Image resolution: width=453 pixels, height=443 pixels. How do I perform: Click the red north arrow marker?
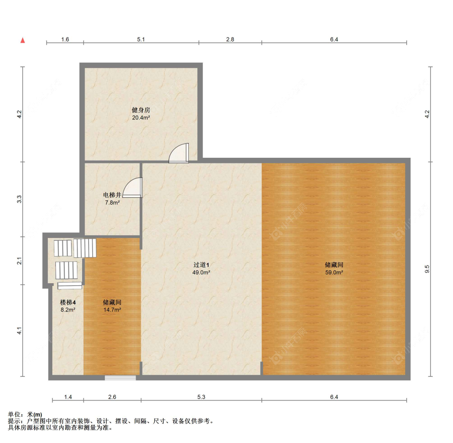tap(23, 40)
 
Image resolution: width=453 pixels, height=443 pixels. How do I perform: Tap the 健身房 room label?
tap(141, 110)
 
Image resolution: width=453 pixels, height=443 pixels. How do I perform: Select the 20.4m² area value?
tap(141, 117)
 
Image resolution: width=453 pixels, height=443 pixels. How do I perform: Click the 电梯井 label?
tap(112, 195)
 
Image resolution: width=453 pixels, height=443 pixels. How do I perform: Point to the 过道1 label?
tap(201, 265)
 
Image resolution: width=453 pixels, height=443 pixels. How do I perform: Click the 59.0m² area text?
tap(334, 272)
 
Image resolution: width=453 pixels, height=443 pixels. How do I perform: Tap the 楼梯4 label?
tap(68, 302)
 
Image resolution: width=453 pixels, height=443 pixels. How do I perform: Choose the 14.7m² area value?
tap(112, 310)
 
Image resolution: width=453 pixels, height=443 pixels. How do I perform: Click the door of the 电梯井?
tap(132, 187)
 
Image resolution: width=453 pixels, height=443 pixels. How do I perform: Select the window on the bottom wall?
tap(120, 378)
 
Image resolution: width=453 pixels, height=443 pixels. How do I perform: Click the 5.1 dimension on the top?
tap(141, 40)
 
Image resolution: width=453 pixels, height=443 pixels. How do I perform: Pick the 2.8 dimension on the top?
tap(230, 40)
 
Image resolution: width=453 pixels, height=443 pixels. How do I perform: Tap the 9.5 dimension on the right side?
tap(427, 269)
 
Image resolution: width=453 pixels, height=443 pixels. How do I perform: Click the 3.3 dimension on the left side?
tap(19, 199)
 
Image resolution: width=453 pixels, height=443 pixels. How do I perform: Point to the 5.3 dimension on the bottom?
tap(201, 397)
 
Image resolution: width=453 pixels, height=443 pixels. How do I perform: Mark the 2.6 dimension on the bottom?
tap(112, 397)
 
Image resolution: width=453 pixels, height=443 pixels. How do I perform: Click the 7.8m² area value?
tap(112, 203)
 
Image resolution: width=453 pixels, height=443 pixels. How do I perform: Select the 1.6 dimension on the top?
tap(65, 40)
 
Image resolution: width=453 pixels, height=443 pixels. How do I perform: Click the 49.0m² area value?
tap(201, 272)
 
